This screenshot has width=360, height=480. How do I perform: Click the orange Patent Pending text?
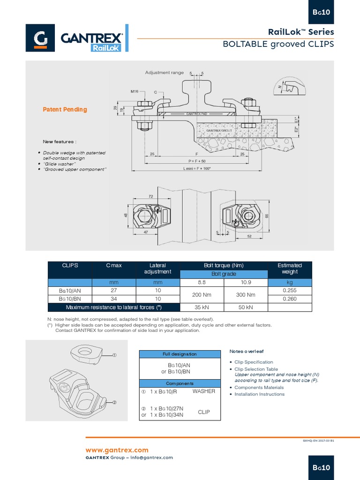[65, 109]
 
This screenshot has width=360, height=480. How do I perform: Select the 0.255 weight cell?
[289, 290]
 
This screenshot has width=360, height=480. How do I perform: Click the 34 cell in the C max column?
[113, 299]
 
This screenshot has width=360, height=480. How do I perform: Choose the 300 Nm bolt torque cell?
[246, 294]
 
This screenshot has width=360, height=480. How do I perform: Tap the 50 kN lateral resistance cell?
[246, 307]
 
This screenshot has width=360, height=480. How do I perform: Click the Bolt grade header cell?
[223, 274]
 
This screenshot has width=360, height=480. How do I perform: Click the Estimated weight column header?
[289, 268]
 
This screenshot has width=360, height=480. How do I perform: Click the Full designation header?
[180, 354]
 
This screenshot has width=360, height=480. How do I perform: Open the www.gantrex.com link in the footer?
[116, 450]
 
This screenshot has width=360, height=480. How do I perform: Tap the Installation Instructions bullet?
[259, 394]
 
